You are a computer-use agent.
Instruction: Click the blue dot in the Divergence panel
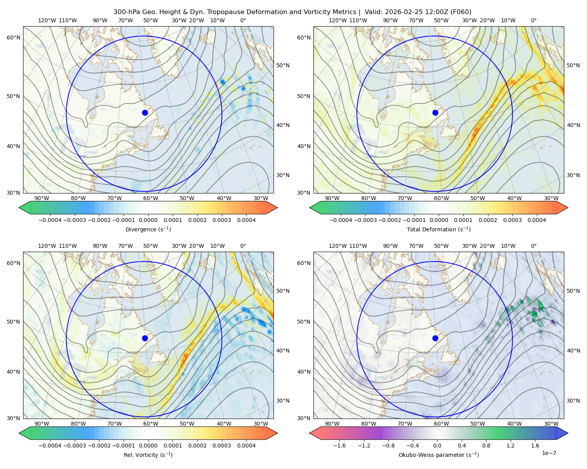(145, 113)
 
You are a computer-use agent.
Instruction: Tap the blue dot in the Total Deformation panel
(435, 113)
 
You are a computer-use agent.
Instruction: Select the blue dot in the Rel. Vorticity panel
(145, 338)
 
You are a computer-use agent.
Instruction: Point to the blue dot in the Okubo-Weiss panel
(435, 338)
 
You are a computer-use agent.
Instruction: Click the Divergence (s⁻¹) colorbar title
(148, 229)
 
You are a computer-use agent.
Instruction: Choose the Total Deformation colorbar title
(439, 229)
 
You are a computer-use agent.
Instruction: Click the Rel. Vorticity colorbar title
(148, 455)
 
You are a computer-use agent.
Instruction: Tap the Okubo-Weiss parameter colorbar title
(439, 455)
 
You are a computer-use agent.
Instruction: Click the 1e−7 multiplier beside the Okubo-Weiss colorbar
(549, 453)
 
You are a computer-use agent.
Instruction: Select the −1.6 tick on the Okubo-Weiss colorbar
(339, 445)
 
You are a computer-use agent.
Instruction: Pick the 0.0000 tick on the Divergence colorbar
(148, 220)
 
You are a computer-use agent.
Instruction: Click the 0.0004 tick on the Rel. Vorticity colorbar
(246, 445)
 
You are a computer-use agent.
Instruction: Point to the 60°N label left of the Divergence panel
(13, 38)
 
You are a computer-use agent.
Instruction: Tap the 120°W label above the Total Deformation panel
(338, 20)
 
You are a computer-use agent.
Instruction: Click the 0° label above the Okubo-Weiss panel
(534, 246)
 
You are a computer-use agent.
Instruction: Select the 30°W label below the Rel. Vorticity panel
(261, 424)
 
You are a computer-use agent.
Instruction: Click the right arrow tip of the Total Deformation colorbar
(568, 208)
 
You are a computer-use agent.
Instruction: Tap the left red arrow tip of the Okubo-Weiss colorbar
(310, 433)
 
